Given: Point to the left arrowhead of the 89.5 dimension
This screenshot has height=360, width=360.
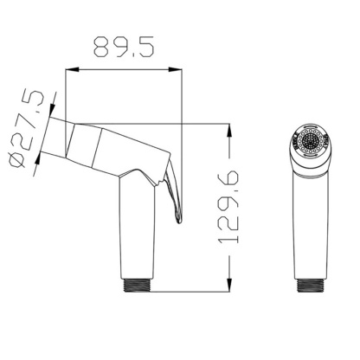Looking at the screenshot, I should click(69, 73).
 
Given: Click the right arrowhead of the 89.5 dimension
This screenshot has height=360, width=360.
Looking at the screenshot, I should click(177, 73).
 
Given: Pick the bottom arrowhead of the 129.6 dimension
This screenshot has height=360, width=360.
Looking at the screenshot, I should click(229, 288).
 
